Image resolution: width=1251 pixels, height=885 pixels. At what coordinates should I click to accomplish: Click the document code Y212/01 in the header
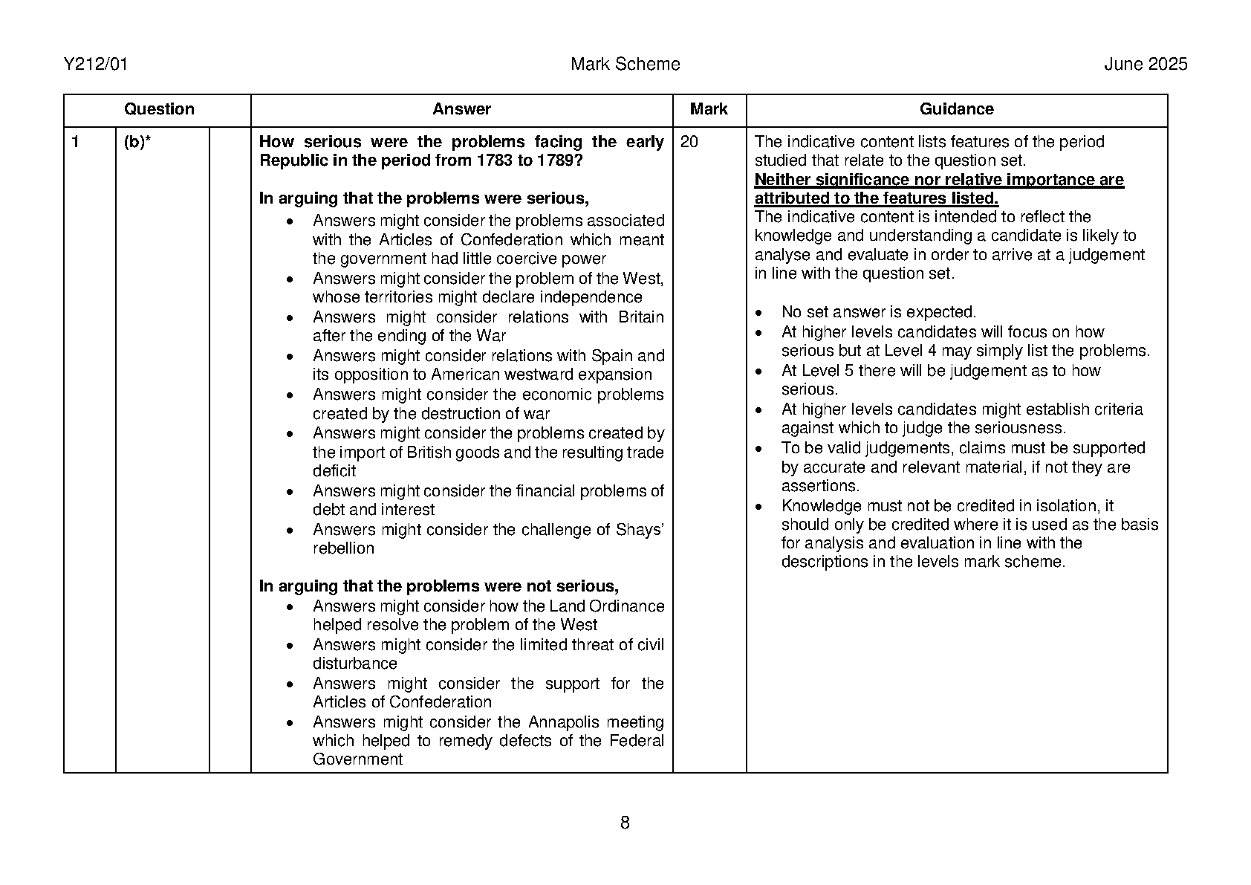[x=96, y=65]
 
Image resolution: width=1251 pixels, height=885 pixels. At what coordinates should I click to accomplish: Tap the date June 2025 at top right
[x=1145, y=65]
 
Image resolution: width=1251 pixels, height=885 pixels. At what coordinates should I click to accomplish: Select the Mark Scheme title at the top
[x=625, y=65]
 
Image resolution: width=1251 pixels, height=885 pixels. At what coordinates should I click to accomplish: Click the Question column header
[x=159, y=109]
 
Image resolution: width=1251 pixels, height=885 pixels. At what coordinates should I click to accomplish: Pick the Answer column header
[x=461, y=109]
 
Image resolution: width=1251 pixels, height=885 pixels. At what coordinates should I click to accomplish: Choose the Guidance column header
[x=956, y=109]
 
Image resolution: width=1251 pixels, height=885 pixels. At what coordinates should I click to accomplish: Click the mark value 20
[x=689, y=142]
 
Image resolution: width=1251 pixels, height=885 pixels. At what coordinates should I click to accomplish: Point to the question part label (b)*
[x=137, y=142]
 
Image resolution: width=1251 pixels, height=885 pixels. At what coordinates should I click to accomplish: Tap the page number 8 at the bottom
[x=625, y=823]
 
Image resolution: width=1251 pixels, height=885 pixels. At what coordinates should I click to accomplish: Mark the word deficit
[x=334, y=471]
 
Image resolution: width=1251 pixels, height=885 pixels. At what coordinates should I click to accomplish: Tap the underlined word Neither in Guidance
[x=782, y=180]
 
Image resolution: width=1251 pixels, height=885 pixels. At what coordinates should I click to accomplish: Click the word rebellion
[x=343, y=548]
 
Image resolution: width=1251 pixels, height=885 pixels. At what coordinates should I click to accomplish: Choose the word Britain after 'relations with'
[x=641, y=317]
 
